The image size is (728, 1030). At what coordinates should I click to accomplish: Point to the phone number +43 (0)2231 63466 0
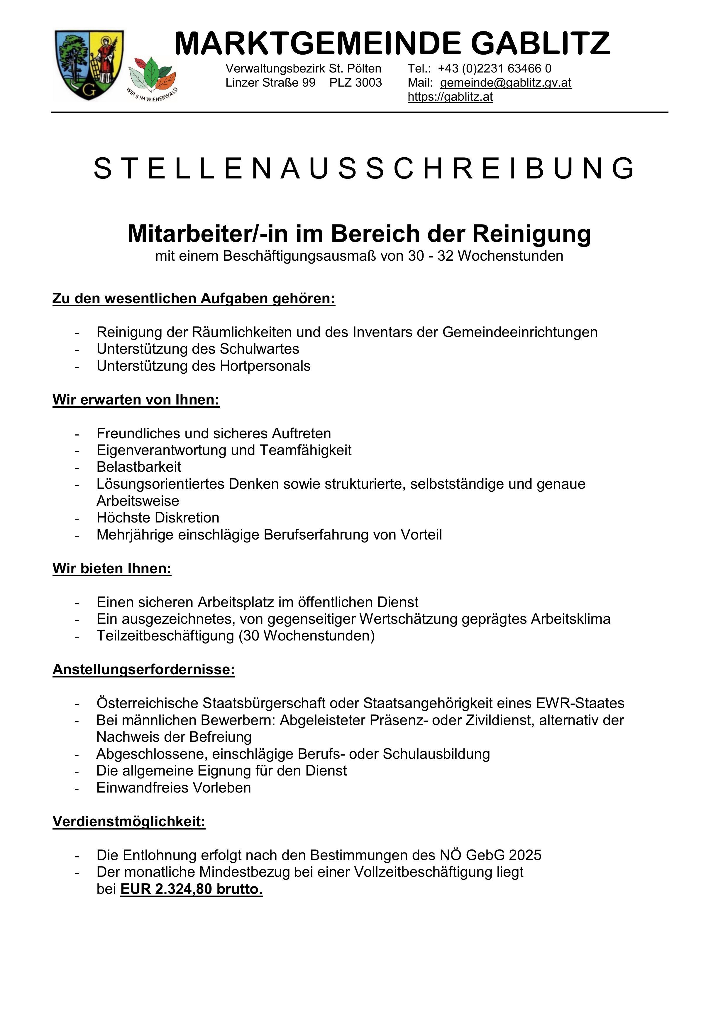click(495, 69)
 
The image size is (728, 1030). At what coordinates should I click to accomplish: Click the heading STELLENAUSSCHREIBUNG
click(364, 169)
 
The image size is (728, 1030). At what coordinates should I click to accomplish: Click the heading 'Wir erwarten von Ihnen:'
click(136, 400)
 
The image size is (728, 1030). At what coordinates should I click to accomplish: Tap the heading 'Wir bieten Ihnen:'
click(112, 568)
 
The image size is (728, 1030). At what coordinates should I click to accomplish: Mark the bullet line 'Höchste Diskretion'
click(158, 518)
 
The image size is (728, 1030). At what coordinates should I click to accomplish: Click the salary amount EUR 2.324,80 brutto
click(192, 889)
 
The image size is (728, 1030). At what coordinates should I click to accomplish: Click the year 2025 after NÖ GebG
click(525, 855)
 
